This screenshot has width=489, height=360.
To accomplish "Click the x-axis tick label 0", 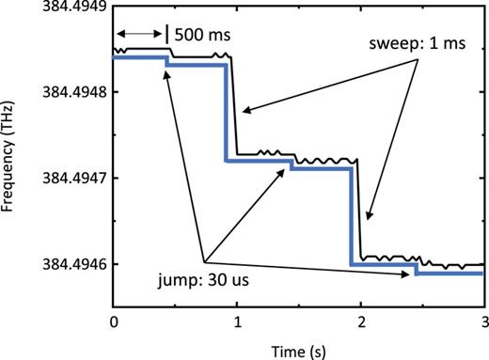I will pyautogui.click(x=113, y=321).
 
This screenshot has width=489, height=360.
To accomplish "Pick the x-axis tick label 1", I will pyautogui.click(x=237, y=321).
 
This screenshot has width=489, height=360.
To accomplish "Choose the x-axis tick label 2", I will pyautogui.click(x=361, y=321).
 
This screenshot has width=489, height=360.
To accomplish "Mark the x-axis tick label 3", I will pyautogui.click(x=483, y=321).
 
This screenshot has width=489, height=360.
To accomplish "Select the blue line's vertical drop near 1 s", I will pyautogui.click(x=226, y=113).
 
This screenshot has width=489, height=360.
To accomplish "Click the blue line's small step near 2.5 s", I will pyautogui.click(x=416, y=269).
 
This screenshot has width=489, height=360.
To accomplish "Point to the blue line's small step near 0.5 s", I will pyautogui.click(x=168, y=61).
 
